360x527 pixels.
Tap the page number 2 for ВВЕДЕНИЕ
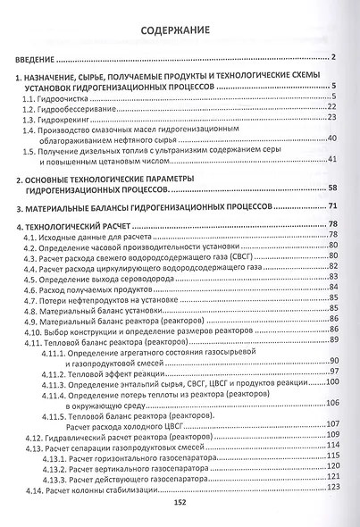coord(331,59)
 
